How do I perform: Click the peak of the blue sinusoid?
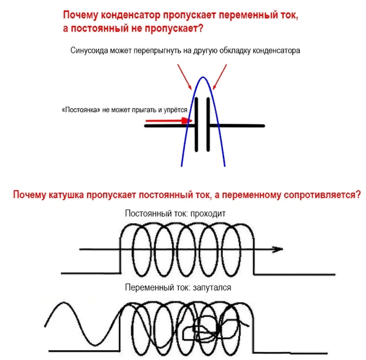[x=202, y=78]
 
